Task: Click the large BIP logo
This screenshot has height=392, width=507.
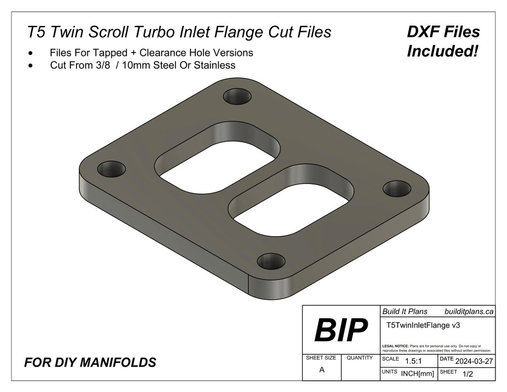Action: [x=341, y=330]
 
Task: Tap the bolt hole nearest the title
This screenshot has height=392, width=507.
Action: [x=238, y=97]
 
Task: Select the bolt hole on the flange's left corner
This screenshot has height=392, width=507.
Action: [x=112, y=169]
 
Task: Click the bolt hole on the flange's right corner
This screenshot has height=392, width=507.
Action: [x=397, y=188]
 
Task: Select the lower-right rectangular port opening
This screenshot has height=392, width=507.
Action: [x=291, y=205]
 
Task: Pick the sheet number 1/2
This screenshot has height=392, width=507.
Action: [x=468, y=374]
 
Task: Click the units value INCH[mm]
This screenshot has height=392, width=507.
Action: [x=417, y=374]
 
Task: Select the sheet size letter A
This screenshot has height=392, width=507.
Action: [x=322, y=370]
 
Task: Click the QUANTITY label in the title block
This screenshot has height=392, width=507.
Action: [x=360, y=358]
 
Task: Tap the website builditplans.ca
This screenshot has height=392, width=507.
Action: [x=469, y=311]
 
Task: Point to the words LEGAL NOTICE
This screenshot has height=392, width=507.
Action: [x=395, y=346]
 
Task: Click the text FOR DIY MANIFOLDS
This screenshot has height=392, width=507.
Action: [x=90, y=362]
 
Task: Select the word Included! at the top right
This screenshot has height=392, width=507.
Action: [x=443, y=52]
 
